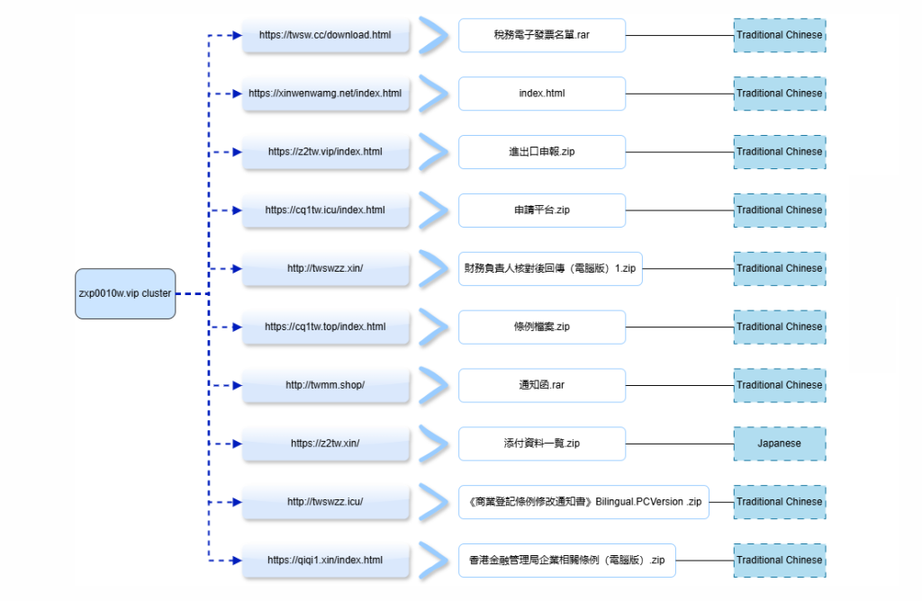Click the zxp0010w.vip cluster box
click(x=123, y=293)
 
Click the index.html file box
click(x=541, y=94)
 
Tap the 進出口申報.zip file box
click(x=541, y=152)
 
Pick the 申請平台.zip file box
click(x=541, y=211)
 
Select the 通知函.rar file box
click(x=541, y=385)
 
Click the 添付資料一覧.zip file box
click(x=541, y=444)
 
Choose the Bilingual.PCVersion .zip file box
click(x=583, y=502)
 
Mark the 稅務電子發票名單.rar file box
click(x=541, y=35)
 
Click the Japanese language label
click(x=779, y=444)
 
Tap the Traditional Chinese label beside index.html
click(x=779, y=94)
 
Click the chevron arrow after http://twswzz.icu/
click(x=434, y=502)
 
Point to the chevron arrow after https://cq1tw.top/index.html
click(x=434, y=327)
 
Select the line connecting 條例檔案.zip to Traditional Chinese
click(x=679, y=327)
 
